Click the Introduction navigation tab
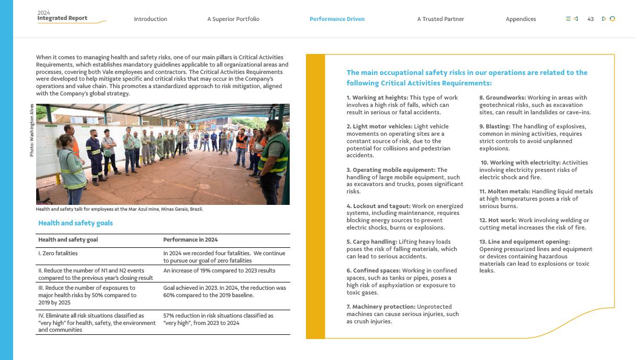(150, 19)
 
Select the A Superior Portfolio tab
(233, 19)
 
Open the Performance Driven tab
(337, 19)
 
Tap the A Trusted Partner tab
(441, 19)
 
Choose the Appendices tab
(521, 19)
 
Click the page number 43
(590, 19)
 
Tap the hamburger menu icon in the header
(568, 19)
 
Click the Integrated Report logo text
(62, 18)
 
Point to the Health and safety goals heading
(75, 223)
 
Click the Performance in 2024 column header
(190, 239)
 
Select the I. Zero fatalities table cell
(58, 253)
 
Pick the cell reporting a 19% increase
(219, 270)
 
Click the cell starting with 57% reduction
(218, 319)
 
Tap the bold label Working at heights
(377, 97)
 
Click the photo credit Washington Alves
(32, 130)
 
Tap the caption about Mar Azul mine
(119, 209)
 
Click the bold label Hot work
(502, 220)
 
